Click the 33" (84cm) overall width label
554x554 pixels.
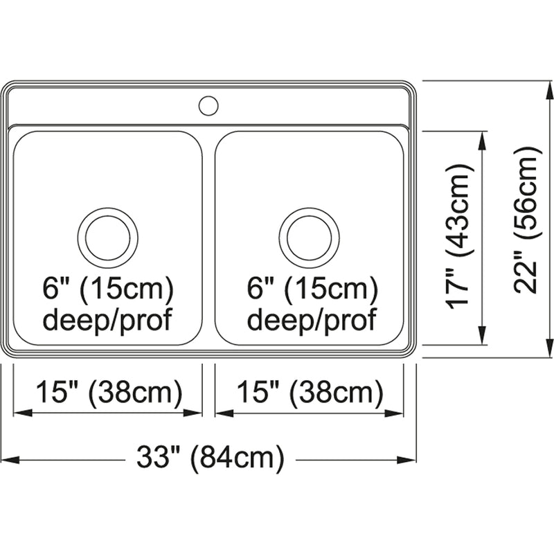click(211, 458)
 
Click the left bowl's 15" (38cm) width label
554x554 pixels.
click(109, 392)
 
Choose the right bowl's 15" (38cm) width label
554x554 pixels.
click(310, 392)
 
